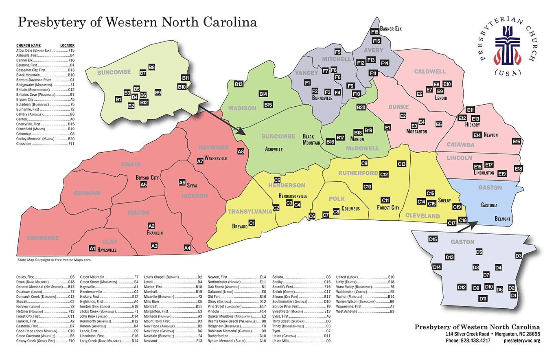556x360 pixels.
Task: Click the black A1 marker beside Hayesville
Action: (x=92, y=248)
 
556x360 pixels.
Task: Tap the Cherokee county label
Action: (x=43, y=238)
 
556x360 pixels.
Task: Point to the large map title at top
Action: (x=137, y=22)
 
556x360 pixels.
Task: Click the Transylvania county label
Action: (x=250, y=211)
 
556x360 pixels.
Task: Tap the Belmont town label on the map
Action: (x=502, y=219)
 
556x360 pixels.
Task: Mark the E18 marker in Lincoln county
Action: (x=518, y=169)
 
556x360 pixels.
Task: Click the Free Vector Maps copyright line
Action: (x=54, y=259)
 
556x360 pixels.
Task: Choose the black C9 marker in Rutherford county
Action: (x=365, y=163)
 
